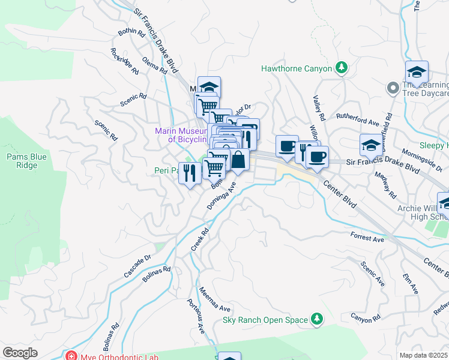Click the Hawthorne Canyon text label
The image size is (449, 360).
coord(296,68)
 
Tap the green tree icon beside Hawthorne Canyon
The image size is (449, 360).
coord(342,67)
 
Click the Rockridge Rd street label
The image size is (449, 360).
coord(124,61)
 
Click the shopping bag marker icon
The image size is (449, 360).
coord(238,160)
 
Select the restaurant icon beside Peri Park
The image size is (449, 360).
coord(190,173)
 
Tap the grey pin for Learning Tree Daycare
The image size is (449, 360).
coord(393,88)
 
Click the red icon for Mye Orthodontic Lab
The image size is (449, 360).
coord(71,356)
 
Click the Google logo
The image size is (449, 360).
coord(20,353)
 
